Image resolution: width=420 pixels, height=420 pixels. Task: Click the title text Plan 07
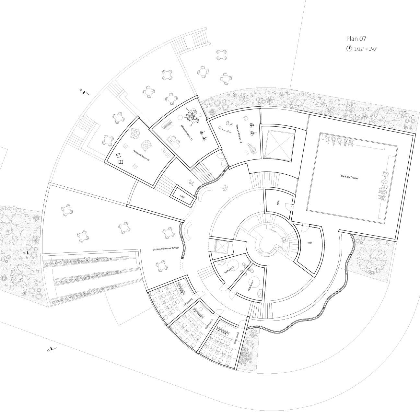pos(356,39)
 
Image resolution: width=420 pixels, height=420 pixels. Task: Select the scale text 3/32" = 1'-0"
pos(366,49)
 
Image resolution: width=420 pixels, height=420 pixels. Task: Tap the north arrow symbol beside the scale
pos(349,49)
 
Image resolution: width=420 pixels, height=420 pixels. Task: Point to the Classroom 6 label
pos(236,338)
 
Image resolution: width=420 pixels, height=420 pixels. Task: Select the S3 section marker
pos(52,349)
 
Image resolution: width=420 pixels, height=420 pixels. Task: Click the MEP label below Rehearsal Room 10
pos(182,196)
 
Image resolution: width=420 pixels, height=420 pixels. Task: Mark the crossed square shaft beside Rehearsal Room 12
pos(278,144)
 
